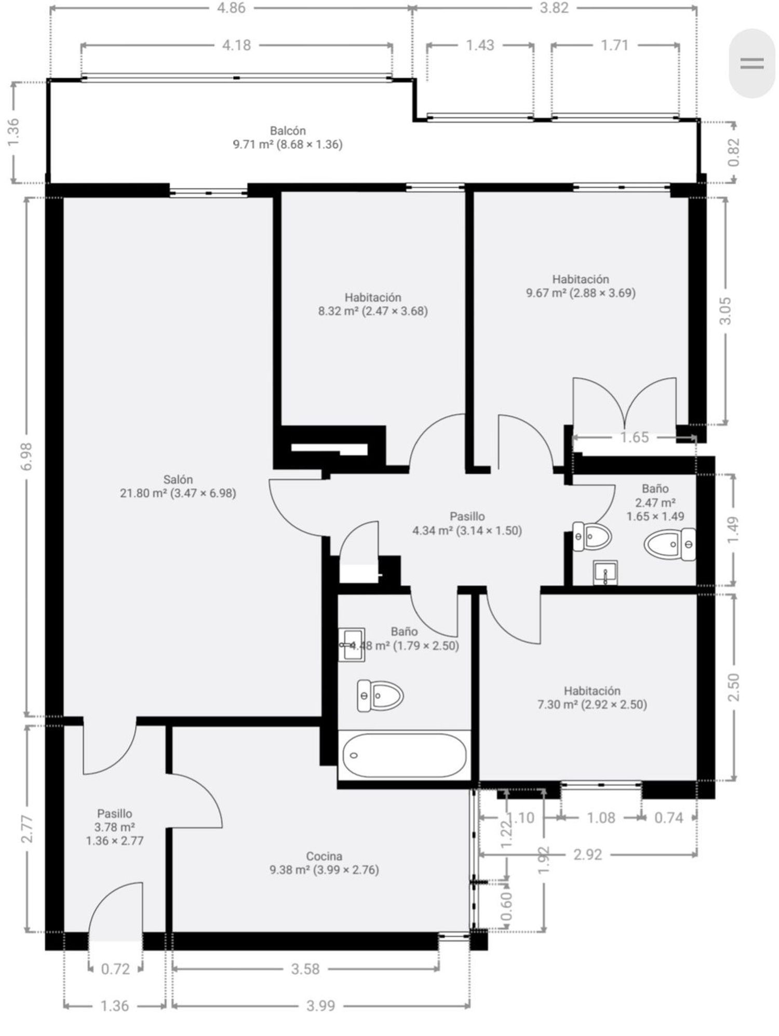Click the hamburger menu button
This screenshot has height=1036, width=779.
click(751, 63)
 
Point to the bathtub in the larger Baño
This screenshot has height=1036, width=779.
click(404, 755)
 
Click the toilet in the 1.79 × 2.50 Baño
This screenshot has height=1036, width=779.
click(381, 696)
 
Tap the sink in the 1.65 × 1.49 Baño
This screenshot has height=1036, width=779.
click(605, 572)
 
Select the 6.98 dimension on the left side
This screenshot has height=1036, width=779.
click(28, 457)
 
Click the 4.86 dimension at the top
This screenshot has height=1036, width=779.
click(231, 8)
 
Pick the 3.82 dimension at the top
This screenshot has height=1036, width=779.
click(554, 8)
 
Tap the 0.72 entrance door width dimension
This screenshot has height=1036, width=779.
click(115, 969)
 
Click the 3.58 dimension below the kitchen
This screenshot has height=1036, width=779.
click(305, 969)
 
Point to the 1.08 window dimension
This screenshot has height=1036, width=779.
click(601, 817)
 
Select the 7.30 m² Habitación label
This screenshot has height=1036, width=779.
click(592, 698)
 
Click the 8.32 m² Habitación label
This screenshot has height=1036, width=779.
click(373, 304)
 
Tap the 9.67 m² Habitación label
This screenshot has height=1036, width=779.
click(581, 286)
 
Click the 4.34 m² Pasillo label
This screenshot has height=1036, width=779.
click(467, 523)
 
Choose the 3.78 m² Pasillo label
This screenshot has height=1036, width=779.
click(115, 827)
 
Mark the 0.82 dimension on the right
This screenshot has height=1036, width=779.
click(733, 152)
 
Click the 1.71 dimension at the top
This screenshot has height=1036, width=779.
click(615, 45)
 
